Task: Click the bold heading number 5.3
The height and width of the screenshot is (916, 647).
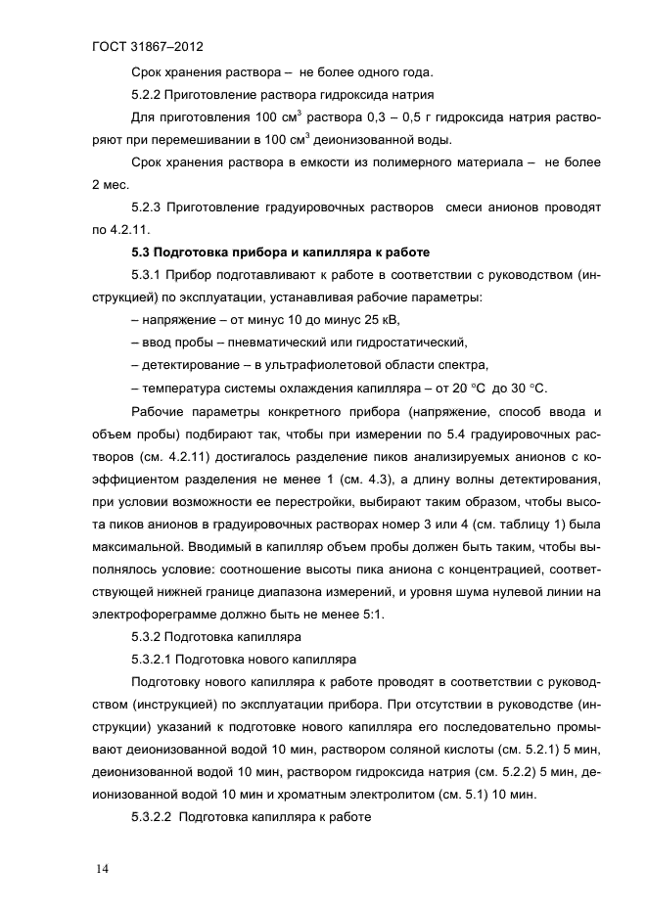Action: [142, 252]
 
